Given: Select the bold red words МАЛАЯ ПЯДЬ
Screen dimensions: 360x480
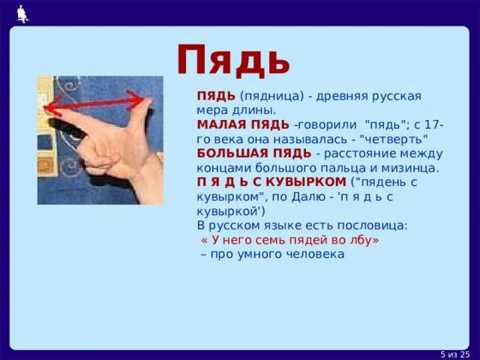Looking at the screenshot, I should [243, 124].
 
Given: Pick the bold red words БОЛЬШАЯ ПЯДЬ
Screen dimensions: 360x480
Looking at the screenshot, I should [254, 153].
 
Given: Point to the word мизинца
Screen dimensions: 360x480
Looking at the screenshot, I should [413, 168].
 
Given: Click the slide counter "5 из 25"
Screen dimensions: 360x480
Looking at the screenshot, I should [454, 354].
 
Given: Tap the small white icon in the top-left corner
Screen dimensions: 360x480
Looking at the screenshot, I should [22, 10].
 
